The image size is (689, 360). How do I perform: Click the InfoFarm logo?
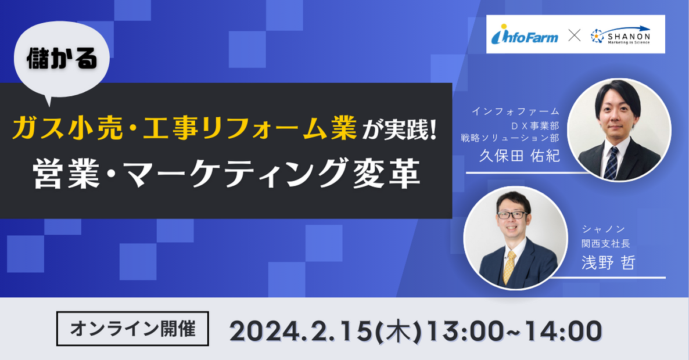pos(525,34)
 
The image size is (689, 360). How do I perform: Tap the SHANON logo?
pos(620,35)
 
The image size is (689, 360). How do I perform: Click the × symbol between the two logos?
pos(574,35)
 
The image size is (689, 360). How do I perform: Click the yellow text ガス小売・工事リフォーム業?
pos(184,128)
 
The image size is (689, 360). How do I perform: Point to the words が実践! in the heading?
pos(399,130)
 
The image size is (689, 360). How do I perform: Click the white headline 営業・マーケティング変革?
pos(227,174)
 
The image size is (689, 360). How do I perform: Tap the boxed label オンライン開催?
pos(132,329)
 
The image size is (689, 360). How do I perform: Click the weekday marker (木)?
pos(399,331)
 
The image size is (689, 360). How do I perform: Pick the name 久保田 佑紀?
pos(519,156)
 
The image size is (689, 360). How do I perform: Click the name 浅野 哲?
pos(608,262)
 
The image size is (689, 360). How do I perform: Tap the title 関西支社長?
pos(606,243)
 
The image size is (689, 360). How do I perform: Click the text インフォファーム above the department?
pos(515,111)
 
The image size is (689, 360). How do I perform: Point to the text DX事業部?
pos(535,125)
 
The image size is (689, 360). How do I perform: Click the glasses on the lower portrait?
pos(512,215)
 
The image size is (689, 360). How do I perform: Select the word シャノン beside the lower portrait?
pos(604,229)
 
